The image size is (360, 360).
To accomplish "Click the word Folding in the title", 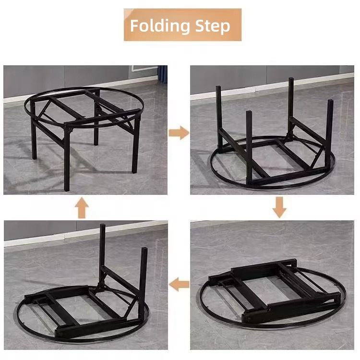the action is [x=160, y=26].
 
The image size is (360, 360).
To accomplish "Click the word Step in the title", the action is [x=212, y=26].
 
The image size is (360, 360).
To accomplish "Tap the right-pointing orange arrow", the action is [x=179, y=132].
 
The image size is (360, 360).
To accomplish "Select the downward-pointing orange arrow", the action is [x=279, y=207].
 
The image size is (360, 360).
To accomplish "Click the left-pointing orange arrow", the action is [x=179, y=284].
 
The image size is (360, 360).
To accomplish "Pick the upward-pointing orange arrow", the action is [x=82, y=208].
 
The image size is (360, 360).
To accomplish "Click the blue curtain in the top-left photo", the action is [x=163, y=73].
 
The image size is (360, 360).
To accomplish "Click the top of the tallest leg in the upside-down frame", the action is [x=291, y=79].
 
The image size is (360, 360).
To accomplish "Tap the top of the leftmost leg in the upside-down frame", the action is [x=218, y=87].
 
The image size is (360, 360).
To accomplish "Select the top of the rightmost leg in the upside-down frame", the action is [x=330, y=101].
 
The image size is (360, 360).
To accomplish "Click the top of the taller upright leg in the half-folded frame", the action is [x=103, y=226].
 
